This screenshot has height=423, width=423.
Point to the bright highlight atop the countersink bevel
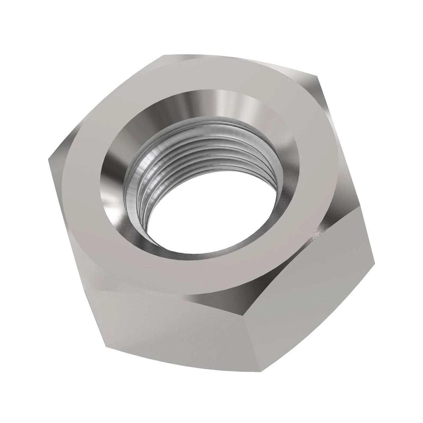(226, 102)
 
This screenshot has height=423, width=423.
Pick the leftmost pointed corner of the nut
(48, 159)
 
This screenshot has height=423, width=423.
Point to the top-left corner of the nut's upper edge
(163, 55)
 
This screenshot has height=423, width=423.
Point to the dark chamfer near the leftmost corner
(62, 155)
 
